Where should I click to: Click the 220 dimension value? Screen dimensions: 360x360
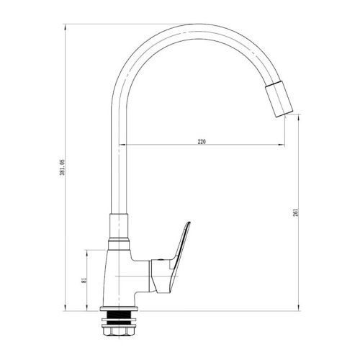click(202, 142)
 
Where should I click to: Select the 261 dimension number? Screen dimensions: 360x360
click(296, 212)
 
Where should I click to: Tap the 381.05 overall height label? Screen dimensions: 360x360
click(62, 167)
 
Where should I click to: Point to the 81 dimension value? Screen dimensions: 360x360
click(84, 281)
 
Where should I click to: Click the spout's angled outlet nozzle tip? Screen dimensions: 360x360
click(279, 99)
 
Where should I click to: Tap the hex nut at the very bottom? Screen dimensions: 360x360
click(120, 330)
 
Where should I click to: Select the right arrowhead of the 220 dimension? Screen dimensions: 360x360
click(282, 145)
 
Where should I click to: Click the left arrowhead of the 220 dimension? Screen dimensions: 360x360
click(122, 145)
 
